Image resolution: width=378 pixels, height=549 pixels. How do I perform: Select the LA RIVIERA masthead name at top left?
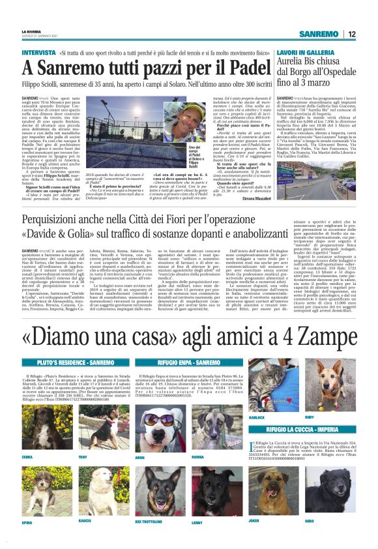[x=30, y=31]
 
